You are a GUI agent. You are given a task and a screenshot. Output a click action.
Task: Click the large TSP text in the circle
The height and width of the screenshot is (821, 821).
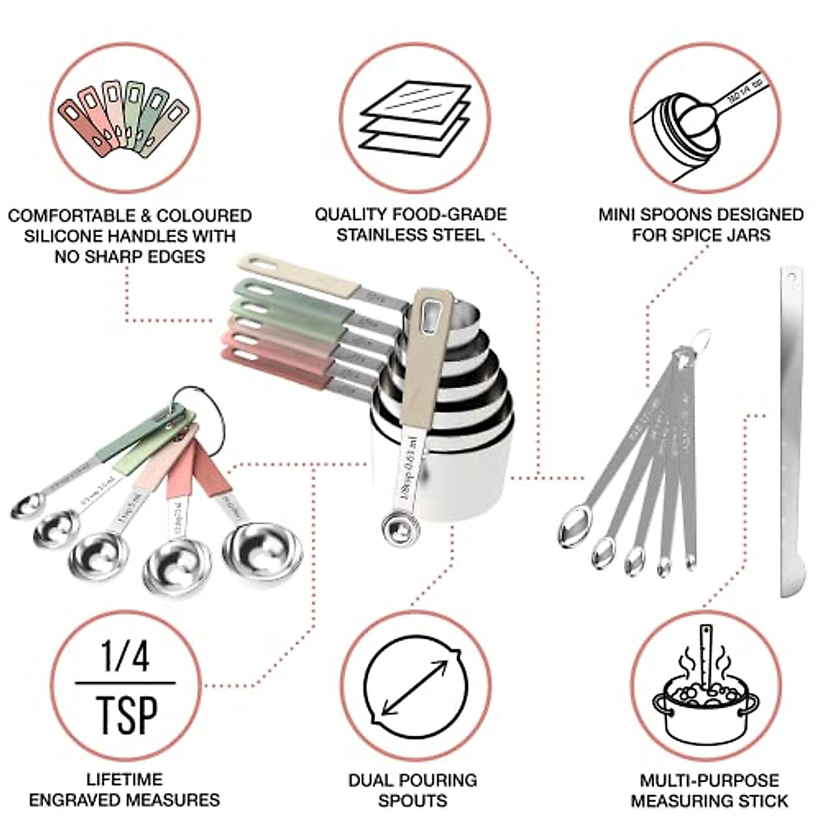pos(127,714)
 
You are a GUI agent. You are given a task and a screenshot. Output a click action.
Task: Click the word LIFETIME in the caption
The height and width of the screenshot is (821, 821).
pos(125,779)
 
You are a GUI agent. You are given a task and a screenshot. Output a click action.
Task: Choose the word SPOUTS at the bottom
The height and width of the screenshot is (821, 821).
pos(413,800)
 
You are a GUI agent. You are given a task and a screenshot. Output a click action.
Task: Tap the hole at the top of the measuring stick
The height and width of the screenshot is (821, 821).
pos(792,279)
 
